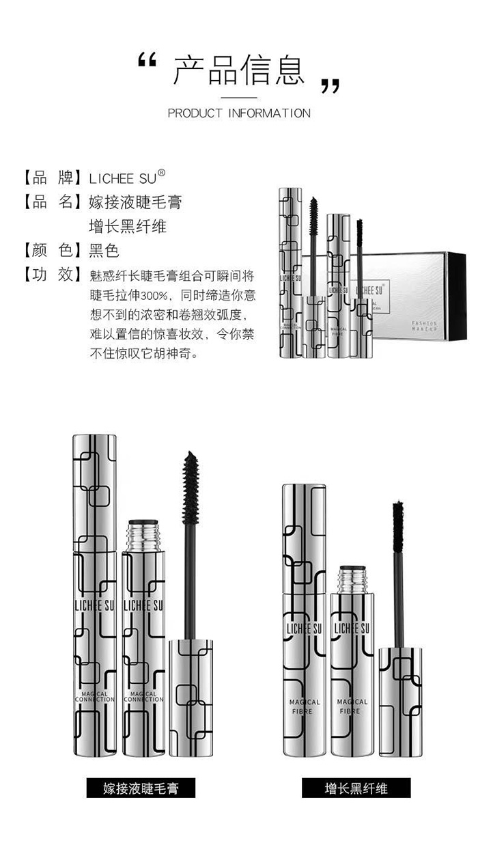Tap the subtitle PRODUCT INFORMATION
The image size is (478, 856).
coord(239,113)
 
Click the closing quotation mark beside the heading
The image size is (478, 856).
coord(330,86)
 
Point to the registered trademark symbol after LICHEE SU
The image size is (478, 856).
coord(161,174)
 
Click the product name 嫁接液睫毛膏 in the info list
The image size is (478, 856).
coord(135,202)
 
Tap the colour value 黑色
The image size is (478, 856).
coord(104,251)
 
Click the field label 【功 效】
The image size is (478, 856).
coord(48,275)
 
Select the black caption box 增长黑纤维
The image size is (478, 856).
coord(356,788)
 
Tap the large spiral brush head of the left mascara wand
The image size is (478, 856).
coord(191,487)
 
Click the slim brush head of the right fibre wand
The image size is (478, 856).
coord(397,527)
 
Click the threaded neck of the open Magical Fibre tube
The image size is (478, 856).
coord(352,580)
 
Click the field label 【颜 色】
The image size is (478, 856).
coord(48,251)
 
